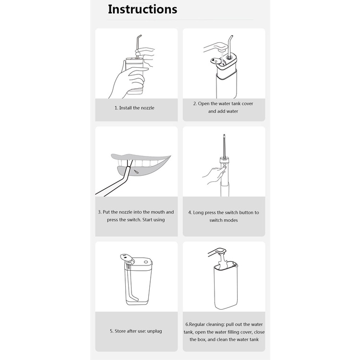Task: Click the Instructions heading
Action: click(143, 10)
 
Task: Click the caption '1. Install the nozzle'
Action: click(134, 108)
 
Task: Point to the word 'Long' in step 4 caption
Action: click(198, 213)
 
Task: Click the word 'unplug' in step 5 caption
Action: click(155, 331)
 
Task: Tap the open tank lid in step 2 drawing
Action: click(216, 60)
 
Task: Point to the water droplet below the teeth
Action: click(136, 172)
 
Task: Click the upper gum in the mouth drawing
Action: click(141, 157)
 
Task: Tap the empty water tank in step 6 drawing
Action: click(226, 286)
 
